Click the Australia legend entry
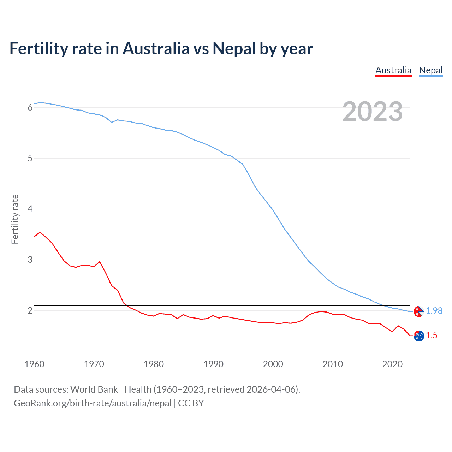pyautogui.click(x=393, y=71)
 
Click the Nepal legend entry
pyautogui.click(x=430, y=71)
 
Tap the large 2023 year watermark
pyautogui.click(x=373, y=112)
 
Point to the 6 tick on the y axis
pyautogui.click(x=30, y=107)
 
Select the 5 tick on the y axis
pyautogui.click(x=30, y=158)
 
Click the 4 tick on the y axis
pyautogui.click(x=30, y=209)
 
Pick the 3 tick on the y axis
pyautogui.click(x=30, y=260)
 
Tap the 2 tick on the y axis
pyautogui.click(x=30, y=311)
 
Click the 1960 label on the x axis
pyautogui.click(x=34, y=364)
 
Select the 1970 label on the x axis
pyautogui.click(x=94, y=364)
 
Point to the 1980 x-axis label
pyautogui.click(x=154, y=364)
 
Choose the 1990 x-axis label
pyautogui.click(x=213, y=364)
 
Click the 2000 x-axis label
pyautogui.click(x=273, y=364)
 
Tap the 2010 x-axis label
pyautogui.click(x=333, y=364)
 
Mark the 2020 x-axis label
pyautogui.click(x=392, y=364)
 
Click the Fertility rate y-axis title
pyautogui.click(x=15, y=219)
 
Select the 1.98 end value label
pyautogui.click(x=434, y=311)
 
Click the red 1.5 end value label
pyautogui.click(x=432, y=335)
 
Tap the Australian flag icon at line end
pyautogui.click(x=419, y=336)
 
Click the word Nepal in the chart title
pyautogui.click(x=234, y=49)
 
